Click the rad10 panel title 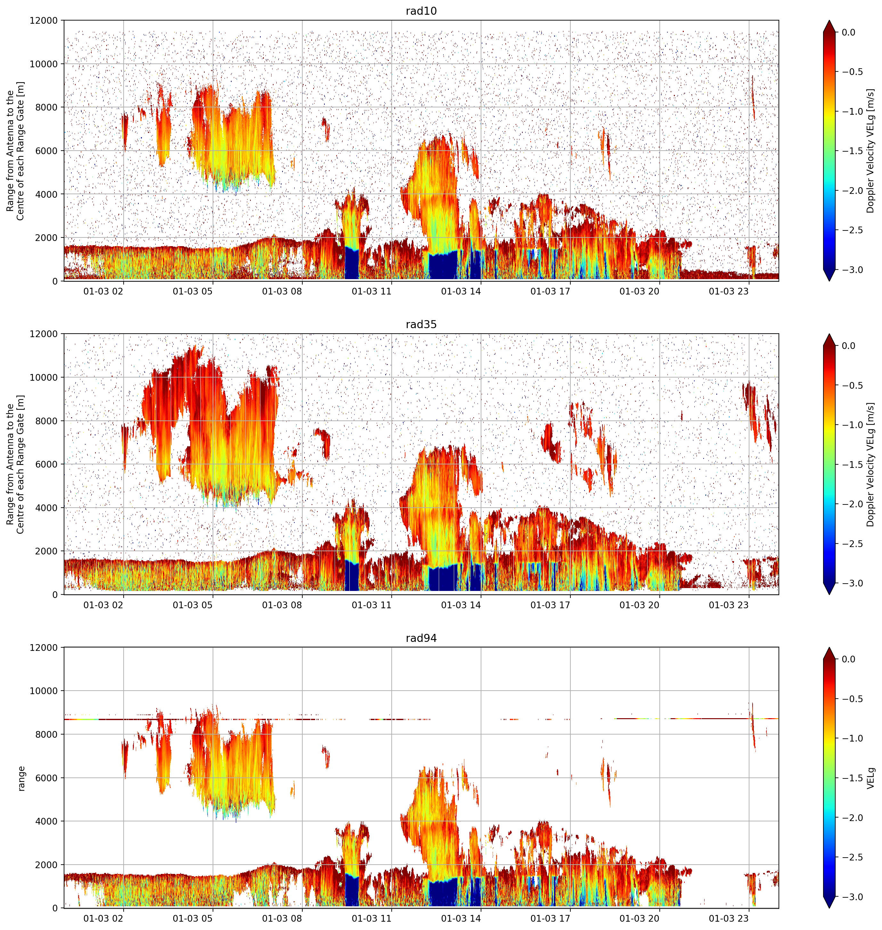[x=421, y=11]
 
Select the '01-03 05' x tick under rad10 [x=193, y=291]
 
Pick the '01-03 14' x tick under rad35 [x=461, y=605]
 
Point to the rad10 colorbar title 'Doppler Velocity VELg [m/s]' [x=871, y=151]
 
